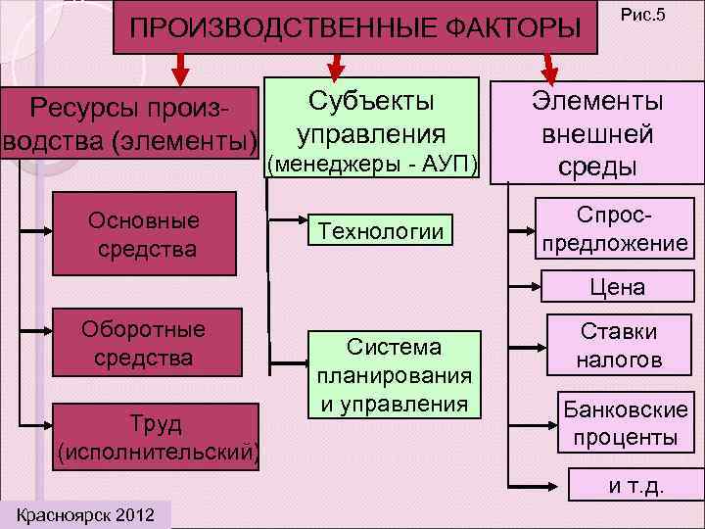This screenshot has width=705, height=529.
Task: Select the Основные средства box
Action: tap(143, 235)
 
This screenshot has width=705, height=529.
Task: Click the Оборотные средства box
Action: tap(143, 344)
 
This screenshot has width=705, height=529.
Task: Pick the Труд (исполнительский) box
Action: tap(160, 437)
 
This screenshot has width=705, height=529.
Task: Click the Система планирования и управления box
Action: tap(393, 374)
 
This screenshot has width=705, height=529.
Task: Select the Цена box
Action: tap(617, 287)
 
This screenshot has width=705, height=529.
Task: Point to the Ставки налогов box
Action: tap(618, 346)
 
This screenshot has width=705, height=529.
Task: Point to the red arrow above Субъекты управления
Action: tap(335, 67)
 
